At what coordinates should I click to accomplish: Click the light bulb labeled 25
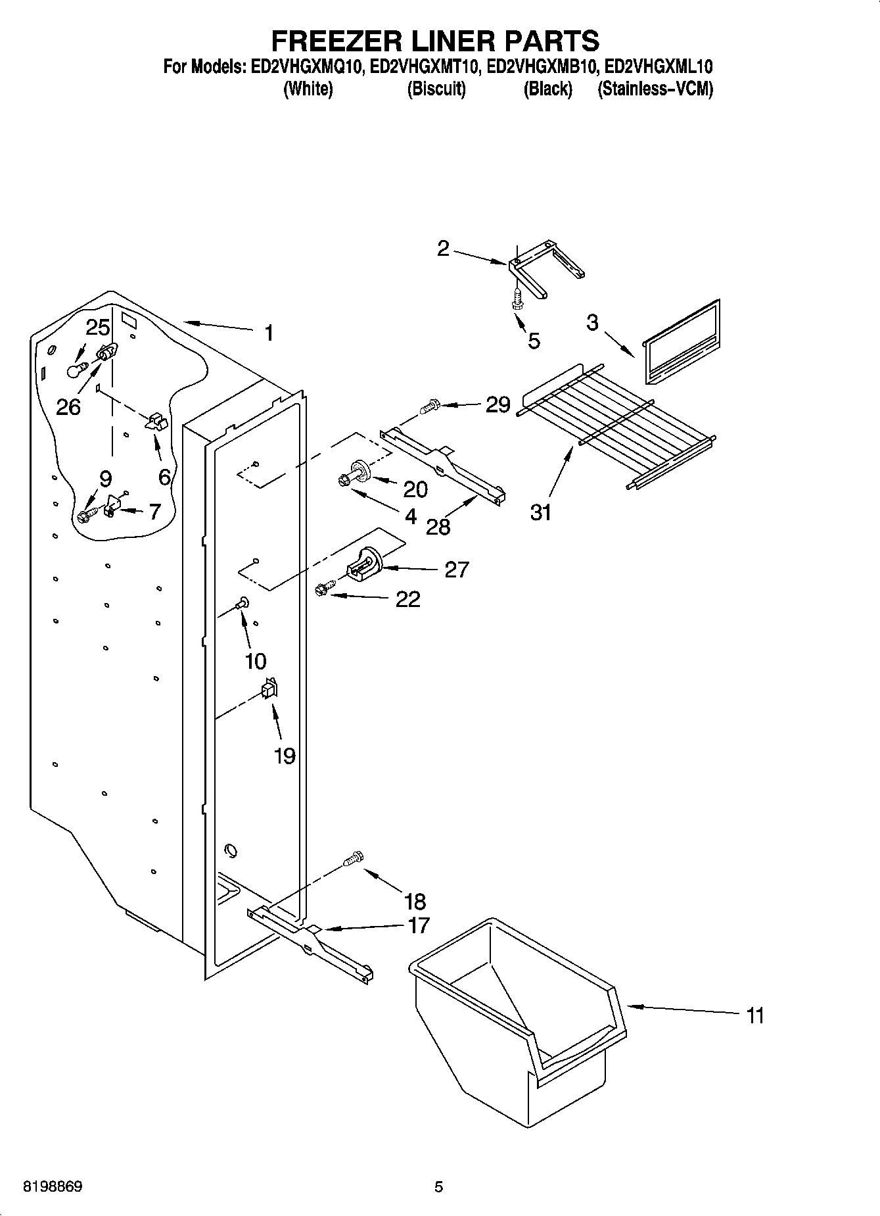pyautogui.click(x=77, y=370)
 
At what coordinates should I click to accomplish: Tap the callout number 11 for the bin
pyautogui.click(x=755, y=1016)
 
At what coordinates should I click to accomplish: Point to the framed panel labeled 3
pyautogui.click(x=680, y=343)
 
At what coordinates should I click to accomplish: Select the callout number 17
pyautogui.click(x=419, y=925)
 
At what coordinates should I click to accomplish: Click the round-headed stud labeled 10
pyautogui.click(x=243, y=601)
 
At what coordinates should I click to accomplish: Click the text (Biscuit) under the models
pyautogui.click(x=436, y=89)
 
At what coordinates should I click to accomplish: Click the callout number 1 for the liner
pyautogui.click(x=269, y=333)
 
